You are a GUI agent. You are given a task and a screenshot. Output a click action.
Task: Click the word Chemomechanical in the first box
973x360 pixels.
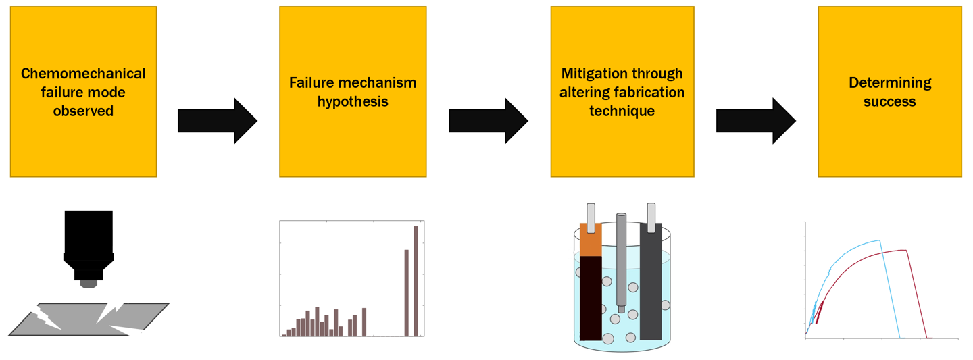[x=83, y=74]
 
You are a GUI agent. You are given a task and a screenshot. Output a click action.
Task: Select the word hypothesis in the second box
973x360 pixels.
[x=353, y=102]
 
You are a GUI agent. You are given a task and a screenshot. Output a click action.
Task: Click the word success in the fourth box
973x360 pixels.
[x=889, y=102]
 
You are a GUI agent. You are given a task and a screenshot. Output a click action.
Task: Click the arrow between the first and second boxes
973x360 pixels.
[x=217, y=121]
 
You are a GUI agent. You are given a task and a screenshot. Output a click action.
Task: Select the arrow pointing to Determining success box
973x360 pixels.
[x=755, y=121]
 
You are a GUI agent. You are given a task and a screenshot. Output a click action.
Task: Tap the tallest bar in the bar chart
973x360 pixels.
[x=416, y=280]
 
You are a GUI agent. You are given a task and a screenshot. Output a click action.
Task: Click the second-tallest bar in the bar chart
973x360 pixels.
[x=406, y=292]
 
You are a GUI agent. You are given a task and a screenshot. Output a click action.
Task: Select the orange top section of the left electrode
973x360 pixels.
[x=591, y=240]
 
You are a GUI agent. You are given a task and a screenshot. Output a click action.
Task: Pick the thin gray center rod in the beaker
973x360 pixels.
[x=621, y=260]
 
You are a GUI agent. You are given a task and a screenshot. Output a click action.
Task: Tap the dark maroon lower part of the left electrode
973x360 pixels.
[x=591, y=297]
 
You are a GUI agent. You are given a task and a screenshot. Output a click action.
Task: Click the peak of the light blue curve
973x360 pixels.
[x=879, y=240]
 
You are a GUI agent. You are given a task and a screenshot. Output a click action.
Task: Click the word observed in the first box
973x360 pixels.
[x=83, y=110]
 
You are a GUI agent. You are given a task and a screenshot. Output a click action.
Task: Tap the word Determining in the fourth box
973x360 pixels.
[x=889, y=83]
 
